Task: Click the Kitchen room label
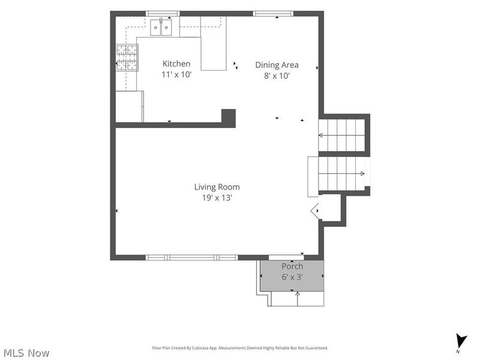click(176, 64)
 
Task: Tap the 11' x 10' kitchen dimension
click(176, 74)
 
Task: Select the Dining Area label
click(277, 65)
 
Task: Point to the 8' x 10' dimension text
click(277, 76)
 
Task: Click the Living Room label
click(217, 187)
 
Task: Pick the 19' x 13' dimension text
click(217, 198)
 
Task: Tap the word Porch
click(292, 266)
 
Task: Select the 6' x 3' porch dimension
click(292, 277)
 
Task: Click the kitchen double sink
click(161, 27)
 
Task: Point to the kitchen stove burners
click(127, 58)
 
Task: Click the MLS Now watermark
click(26, 353)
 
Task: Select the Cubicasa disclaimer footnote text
click(240, 348)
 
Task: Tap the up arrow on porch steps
click(297, 299)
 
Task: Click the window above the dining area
click(274, 13)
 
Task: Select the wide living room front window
click(191, 257)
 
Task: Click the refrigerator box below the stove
click(130, 107)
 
